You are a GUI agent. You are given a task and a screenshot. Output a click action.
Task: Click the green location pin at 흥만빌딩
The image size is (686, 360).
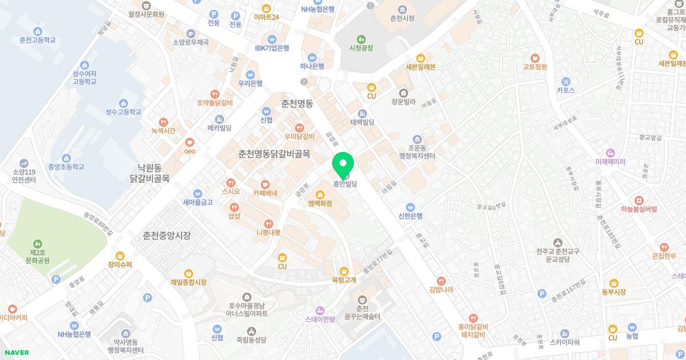(x=343, y=163)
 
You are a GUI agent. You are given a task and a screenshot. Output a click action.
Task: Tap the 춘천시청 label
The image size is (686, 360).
(x=401, y=18)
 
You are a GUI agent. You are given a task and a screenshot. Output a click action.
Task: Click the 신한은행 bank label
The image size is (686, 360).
(x=410, y=216)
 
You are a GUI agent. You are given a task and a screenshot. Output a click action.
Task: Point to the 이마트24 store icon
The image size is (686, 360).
(x=266, y=8)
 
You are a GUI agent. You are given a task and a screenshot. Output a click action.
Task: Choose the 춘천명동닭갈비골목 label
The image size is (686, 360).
(x=274, y=154)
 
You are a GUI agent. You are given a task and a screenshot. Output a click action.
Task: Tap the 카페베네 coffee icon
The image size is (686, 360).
(x=265, y=184)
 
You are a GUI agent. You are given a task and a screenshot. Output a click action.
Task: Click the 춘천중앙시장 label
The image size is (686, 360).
(x=167, y=235)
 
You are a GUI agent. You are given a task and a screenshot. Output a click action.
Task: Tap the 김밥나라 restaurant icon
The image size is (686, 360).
(x=441, y=281)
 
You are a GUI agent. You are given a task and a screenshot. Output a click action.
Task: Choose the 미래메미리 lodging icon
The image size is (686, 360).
(x=611, y=153)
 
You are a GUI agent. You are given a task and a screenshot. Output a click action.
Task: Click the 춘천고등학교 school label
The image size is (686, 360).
(x=38, y=40)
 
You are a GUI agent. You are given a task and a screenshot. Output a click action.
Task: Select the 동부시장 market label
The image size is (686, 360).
(x=613, y=292)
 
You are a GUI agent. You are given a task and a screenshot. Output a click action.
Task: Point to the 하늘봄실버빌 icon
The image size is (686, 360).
(x=639, y=200)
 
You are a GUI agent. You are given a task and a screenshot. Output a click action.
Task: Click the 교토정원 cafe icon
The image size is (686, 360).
(x=535, y=58)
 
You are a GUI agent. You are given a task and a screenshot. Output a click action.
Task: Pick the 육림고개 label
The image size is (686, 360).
(x=344, y=279)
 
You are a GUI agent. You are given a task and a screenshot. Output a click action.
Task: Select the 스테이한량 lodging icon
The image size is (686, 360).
(x=320, y=310)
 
